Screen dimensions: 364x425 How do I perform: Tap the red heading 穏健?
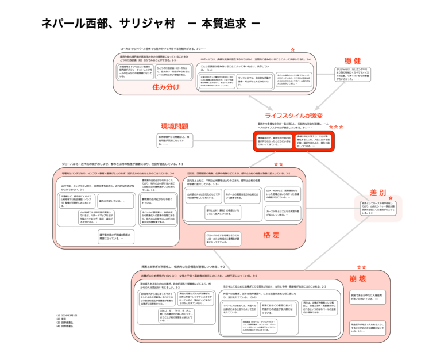point(352,61)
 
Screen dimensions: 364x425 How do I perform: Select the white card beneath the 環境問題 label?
point(175,140)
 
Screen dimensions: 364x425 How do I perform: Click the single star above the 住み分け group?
point(292,51)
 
